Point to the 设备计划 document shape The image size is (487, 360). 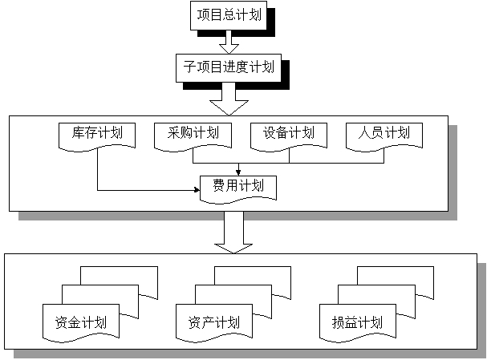pyautogui.click(x=288, y=134)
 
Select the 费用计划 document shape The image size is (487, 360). pyautogui.click(x=237, y=187)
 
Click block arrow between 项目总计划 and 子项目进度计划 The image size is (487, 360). pyautogui.click(x=229, y=41)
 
